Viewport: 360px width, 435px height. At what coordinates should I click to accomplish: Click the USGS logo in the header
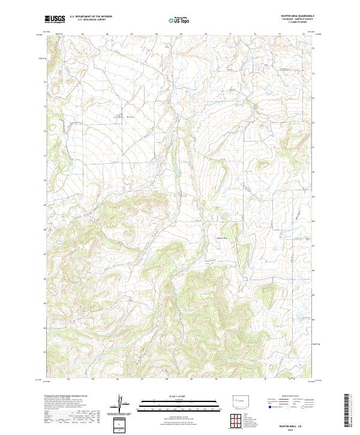[x=55, y=20]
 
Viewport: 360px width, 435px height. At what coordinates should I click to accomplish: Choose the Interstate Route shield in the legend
[x=268, y=407]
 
